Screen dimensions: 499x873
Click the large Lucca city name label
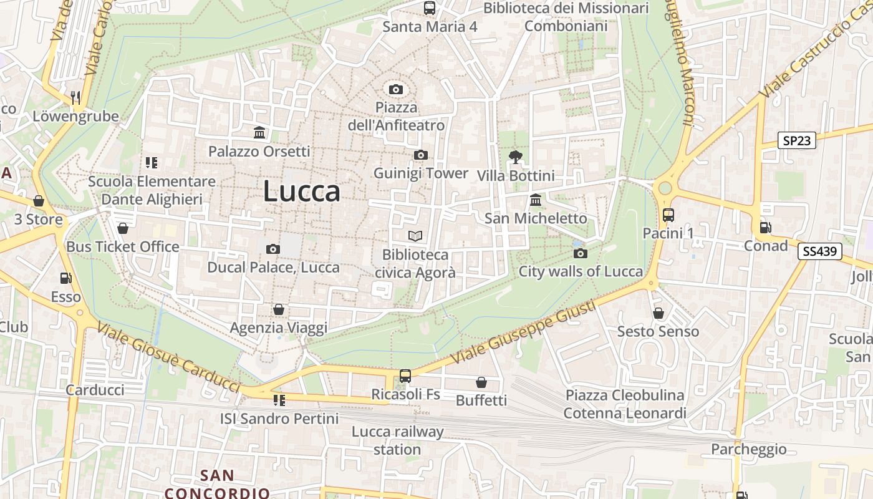click(302, 191)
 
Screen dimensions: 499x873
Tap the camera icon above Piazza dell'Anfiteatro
click(395, 90)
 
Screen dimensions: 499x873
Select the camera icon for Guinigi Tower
click(420, 155)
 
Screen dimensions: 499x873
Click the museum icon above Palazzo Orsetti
click(259, 132)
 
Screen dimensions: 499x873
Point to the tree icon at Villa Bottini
click(515, 157)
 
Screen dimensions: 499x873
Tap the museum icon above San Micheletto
click(536, 200)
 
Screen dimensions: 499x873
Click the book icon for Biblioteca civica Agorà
click(415, 236)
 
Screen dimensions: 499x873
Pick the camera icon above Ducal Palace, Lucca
click(273, 249)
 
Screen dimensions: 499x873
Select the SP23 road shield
click(796, 140)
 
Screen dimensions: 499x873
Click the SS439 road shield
click(820, 251)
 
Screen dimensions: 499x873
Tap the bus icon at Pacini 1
click(668, 215)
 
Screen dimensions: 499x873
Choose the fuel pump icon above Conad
click(765, 228)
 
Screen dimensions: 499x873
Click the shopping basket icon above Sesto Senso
click(658, 313)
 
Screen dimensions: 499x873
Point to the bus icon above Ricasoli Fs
click(405, 376)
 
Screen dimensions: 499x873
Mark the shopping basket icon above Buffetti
click(481, 382)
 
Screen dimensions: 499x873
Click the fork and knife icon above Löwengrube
click(75, 97)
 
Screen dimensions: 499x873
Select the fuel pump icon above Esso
click(65, 278)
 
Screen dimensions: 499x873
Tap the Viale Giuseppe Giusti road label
click(525, 331)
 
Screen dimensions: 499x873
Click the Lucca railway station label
click(397, 440)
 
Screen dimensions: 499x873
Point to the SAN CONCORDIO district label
click(217, 484)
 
